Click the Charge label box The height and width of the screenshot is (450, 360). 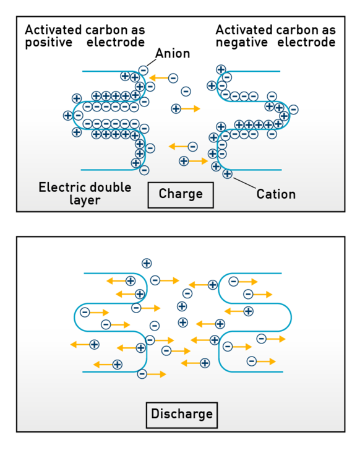(x=181, y=194)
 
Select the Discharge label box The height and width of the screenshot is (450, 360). (x=182, y=414)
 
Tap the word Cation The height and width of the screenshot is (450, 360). (x=276, y=194)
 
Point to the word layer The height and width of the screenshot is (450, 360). (x=85, y=201)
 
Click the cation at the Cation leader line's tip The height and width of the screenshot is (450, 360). (x=228, y=174)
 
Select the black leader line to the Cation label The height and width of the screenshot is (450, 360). (x=245, y=182)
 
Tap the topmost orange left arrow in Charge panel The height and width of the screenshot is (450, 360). (x=158, y=78)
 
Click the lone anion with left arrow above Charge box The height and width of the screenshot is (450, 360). (x=192, y=147)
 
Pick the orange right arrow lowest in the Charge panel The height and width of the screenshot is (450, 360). (x=199, y=161)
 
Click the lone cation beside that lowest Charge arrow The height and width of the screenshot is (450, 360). (x=184, y=161)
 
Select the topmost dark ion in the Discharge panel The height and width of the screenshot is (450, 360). (x=147, y=264)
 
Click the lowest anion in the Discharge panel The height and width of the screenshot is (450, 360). (x=142, y=374)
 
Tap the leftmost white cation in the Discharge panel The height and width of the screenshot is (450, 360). (x=94, y=344)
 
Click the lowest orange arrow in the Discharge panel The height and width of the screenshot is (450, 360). (x=156, y=374)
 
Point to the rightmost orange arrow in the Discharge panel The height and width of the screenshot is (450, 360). (x=276, y=339)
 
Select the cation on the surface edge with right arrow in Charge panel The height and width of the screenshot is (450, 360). (x=176, y=108)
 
